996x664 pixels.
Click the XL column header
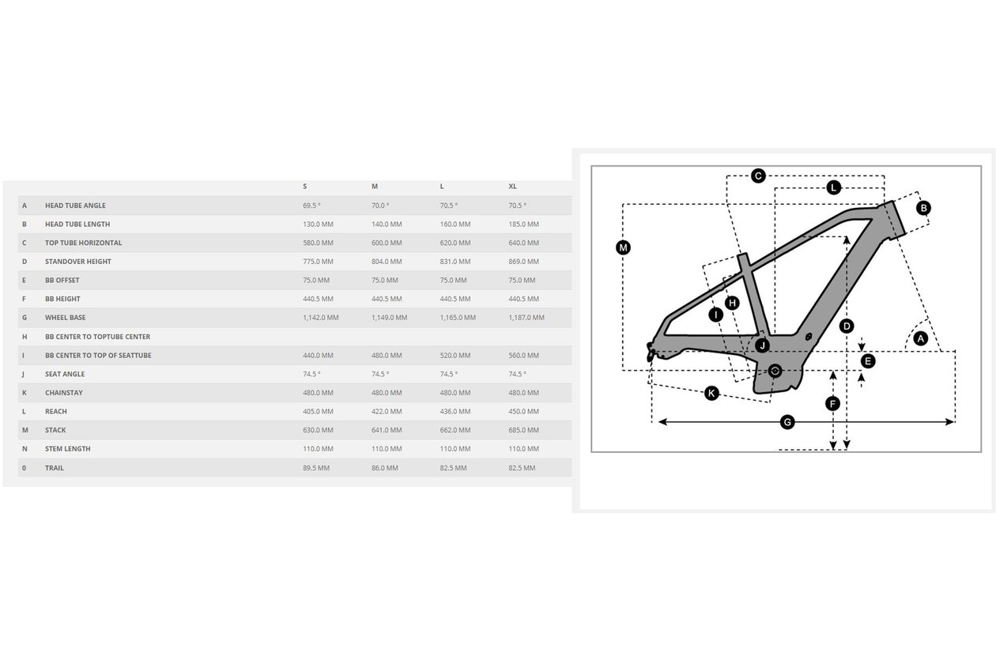pos(512,187)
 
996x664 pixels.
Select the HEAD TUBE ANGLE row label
pos(75,206)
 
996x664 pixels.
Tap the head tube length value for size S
pos(318,224)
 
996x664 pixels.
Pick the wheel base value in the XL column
pos(526,318)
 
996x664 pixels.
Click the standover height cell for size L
pos(455,262)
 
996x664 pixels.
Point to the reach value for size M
pos(387,411)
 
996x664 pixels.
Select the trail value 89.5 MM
pos(316,468)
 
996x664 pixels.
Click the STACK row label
pos(55,430)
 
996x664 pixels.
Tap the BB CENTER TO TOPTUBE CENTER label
pos(97,337)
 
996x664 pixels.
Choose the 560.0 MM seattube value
pos(523,356)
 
